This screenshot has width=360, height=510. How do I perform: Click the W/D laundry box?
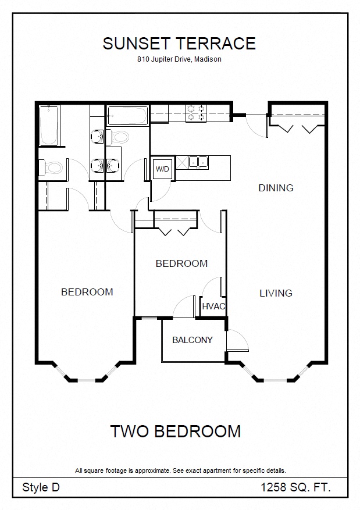162,169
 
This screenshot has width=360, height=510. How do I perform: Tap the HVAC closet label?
213,306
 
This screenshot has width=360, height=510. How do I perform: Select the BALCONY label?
192,340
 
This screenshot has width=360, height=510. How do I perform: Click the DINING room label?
276,188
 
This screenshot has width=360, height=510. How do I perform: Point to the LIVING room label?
276,293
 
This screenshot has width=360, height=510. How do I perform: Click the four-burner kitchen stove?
196,113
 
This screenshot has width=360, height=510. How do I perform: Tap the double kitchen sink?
198,162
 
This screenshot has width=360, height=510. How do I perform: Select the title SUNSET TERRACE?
179,44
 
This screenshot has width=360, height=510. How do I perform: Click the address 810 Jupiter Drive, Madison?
179,59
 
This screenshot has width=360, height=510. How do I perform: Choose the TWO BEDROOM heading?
176,431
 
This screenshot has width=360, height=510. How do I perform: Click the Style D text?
41,487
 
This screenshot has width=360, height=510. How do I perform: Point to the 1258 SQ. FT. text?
295,487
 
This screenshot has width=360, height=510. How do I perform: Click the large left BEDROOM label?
87,292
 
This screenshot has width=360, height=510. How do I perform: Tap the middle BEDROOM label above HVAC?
181,263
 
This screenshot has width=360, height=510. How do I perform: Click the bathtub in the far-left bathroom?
49,125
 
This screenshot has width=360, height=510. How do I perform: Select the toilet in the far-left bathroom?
51,168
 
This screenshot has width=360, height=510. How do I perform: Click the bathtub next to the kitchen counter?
127,115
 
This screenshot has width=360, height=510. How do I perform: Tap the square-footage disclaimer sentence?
180,470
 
